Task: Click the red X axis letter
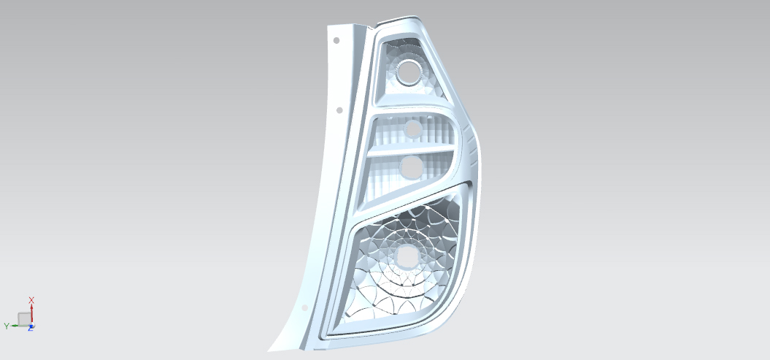[31, 299]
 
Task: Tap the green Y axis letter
[7, 326]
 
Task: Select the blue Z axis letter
[31, 328]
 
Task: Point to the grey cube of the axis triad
[24, 319]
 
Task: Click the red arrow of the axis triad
[31, 313]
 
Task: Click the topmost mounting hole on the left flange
[336, 40]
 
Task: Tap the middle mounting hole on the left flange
[339, 110]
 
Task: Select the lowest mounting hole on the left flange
[304, 308]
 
